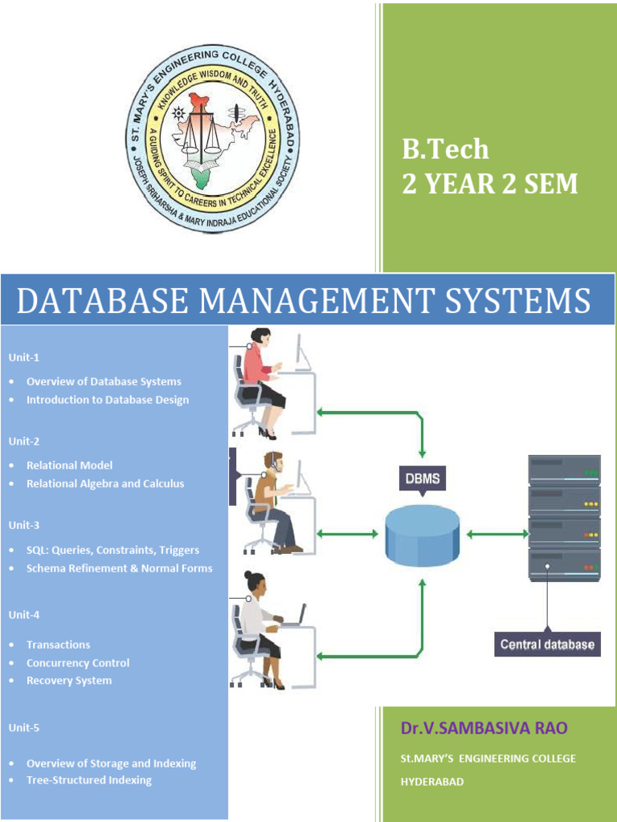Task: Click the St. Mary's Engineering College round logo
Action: [x=214, y=139]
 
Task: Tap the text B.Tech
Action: [x=445, y=150]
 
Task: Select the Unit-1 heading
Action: [x=24, y=356]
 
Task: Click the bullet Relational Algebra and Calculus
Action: [x=105, y=483]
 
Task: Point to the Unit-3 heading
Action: [x=24, y=525]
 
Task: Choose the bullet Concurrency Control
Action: [x=78, y=663]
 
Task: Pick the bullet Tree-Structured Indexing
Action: [x=88, y=779]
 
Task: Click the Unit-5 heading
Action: [x=24, y=728]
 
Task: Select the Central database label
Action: [x=547, y=644]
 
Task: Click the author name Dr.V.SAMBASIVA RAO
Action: [x=484, y=728]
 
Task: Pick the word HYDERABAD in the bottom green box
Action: [x=432, y=781]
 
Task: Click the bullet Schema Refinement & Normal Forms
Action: [x=120, y=568]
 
